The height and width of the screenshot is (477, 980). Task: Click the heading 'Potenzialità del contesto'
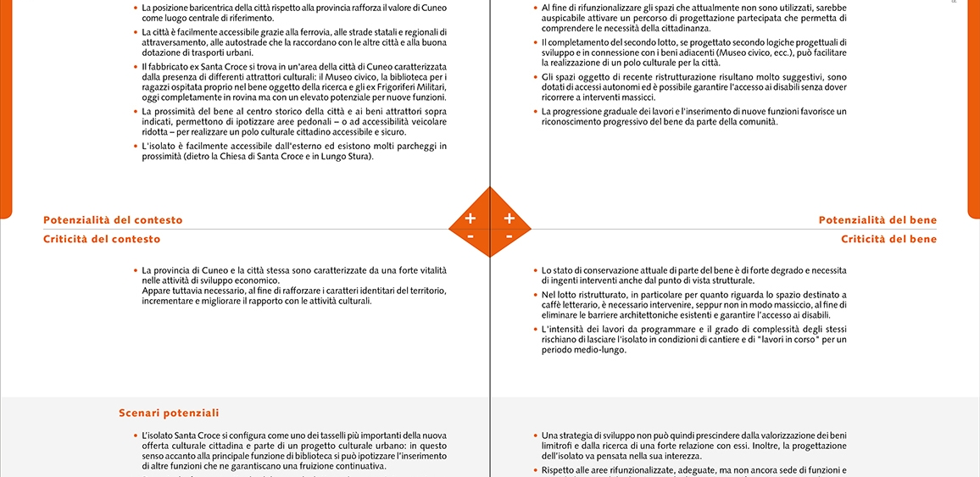(x=113, y=220)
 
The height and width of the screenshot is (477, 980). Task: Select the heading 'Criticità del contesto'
(x=102, y=239)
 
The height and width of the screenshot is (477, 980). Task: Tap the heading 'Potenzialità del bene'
(x=877, y=220)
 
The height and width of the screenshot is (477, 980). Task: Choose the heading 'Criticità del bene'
(x=888, y=239)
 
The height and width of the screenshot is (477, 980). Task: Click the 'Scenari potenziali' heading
(x=169, y=413)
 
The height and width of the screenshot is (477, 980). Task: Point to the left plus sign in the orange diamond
(x=471, y=219)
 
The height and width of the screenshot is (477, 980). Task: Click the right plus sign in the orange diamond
(x=509, y=219)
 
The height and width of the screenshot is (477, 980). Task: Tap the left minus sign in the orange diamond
(x=471, y=236)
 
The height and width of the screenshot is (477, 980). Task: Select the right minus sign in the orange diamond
(x=509, y=236)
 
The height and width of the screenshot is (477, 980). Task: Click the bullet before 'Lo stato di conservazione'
(x=535, y=271)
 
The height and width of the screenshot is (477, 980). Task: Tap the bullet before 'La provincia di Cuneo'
(x=135, y=271)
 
